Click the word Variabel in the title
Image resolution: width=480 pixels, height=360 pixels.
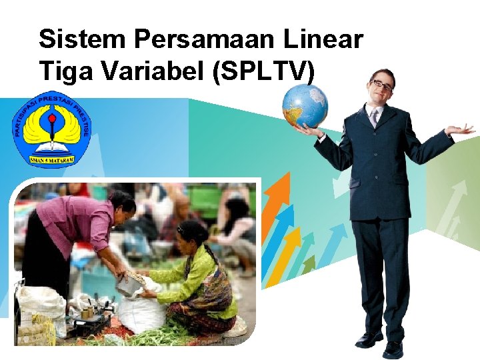tap(149, 69)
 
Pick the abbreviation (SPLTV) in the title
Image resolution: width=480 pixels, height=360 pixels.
tap(263, 71)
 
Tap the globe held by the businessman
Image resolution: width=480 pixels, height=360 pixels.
tap(305, 105)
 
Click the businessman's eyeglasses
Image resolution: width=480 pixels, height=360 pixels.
tap(382, 85)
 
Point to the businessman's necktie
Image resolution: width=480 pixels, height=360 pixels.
tap(374, 118)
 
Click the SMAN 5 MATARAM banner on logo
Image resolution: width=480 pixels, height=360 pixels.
tap(52, 159)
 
